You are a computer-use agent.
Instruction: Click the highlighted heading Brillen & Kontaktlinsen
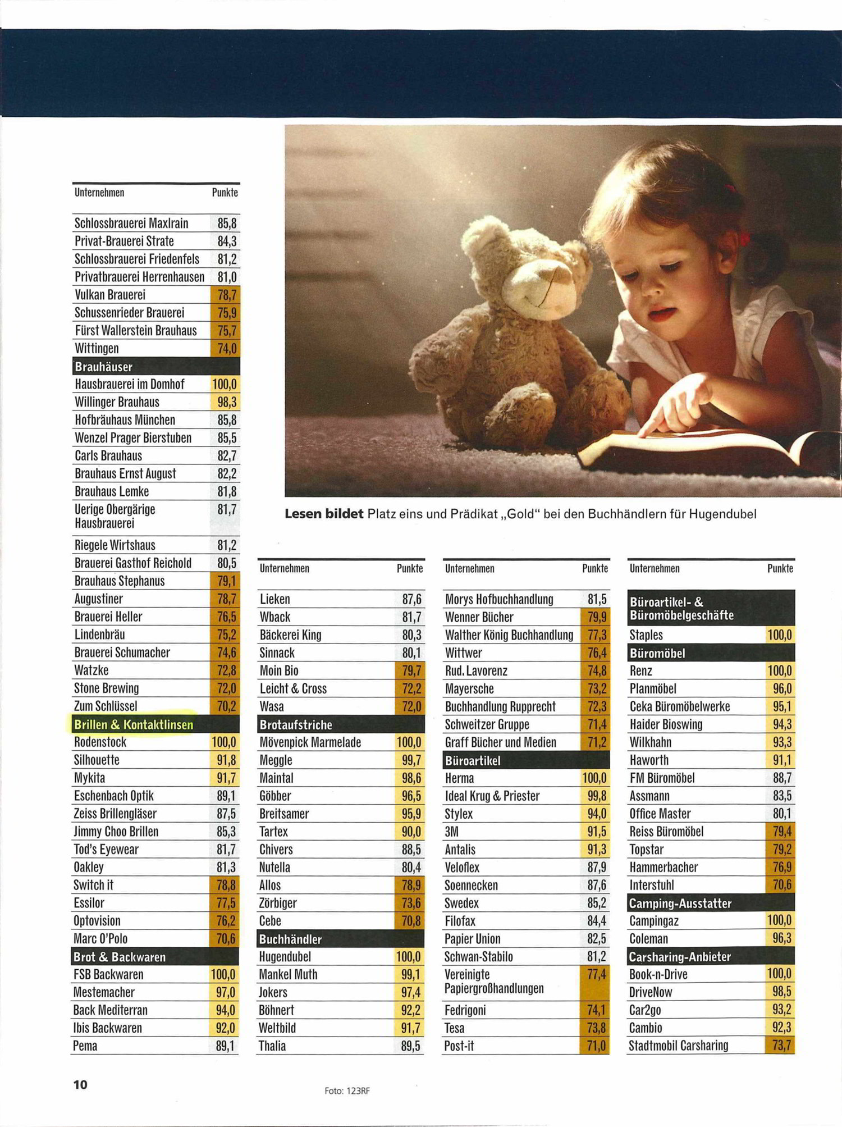tap(134, 724)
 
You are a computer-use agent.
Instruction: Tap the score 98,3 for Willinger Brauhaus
tap(227, 402)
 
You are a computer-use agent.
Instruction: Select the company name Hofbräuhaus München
tap(125, 420)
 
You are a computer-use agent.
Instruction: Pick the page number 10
tap(80, 1084)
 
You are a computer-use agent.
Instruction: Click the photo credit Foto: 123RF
tap(347, 1091)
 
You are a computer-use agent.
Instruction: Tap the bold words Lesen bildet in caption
tap(324, 514)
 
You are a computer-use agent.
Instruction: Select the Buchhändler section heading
tap(290, 939)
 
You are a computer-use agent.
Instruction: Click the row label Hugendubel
tap(285, 957)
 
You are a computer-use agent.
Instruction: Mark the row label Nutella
tap(274, 868)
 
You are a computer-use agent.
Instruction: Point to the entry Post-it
tap(459, 1046)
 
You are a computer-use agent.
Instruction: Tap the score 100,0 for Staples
tap(780, 635)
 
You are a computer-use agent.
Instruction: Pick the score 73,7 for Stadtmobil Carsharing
tap(781, 1046)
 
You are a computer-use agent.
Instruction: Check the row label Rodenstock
tap(100, 742)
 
